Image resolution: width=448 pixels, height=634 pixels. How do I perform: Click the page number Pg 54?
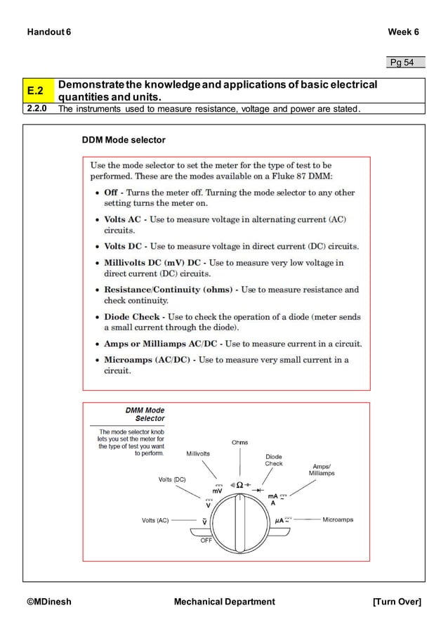coord(402,63)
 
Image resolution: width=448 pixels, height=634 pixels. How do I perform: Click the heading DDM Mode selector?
coord(124,141)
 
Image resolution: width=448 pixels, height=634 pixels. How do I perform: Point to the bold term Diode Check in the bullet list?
coord(132,316)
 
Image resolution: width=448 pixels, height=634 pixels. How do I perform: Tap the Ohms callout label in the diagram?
coord(239,442)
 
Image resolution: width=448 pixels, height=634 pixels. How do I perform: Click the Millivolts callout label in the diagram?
coord(198,454)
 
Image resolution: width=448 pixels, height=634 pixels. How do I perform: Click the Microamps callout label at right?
coord(338,520)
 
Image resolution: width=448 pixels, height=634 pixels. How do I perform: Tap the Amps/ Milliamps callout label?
coord(322,470)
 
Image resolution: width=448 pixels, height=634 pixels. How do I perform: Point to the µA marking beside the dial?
coord(278,521)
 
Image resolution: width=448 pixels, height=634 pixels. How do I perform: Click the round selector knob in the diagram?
coord(240,522)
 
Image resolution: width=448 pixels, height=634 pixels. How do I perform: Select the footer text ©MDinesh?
coord(49,602)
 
